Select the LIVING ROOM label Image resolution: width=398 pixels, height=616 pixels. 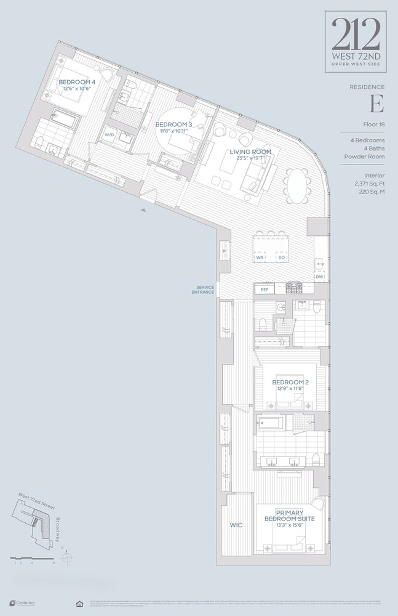[x=246, y=152]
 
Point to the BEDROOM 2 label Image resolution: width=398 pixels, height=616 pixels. [x=290, y=383]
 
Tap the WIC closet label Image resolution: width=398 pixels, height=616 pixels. [x=236, y=525]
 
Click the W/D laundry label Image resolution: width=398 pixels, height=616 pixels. [x=109, y=134]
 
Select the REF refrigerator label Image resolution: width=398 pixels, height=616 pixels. [x=265, y=289]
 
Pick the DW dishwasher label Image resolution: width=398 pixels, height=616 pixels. [x=319, y=277]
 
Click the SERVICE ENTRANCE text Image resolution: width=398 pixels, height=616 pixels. [x=205, y=290]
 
